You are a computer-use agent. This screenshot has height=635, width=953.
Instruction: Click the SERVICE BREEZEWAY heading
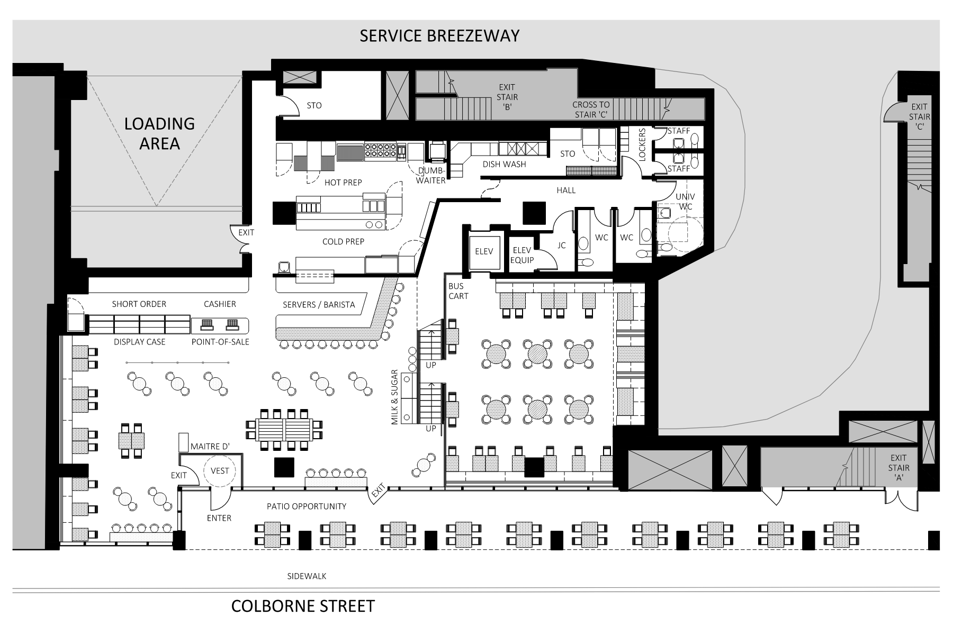tap(439, 35)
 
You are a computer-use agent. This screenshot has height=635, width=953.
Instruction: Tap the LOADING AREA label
tap(159, 133)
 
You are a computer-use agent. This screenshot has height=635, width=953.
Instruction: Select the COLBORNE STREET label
tap(303, 606)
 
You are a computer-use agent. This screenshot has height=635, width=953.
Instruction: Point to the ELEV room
tap(484, 252)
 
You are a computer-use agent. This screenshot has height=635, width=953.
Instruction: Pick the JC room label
tap(562, 246)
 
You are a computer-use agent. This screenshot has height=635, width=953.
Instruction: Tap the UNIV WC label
tap(685, 202)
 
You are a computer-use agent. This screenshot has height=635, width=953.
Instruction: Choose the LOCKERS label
tap(643, 144)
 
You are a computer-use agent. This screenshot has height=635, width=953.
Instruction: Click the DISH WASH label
tap(504, 164)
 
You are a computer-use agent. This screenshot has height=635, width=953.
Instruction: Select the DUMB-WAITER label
tap(431, 176)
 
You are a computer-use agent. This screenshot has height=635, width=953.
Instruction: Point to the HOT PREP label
tap(343, 183)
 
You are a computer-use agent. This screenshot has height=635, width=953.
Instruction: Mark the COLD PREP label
tap(343, 241)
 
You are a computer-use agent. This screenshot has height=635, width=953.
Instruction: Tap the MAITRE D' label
tap(210, 447)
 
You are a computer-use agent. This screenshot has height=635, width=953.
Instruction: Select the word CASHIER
tap(220, 304)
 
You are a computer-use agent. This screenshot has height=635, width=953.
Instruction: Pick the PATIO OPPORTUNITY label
tap(307, 506)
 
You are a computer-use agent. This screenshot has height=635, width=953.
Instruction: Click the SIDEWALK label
tap(307, 576)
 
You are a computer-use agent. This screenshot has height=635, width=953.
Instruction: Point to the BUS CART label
tap(458, 291)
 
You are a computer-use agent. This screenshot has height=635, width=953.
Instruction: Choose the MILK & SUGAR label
tap(394, 397)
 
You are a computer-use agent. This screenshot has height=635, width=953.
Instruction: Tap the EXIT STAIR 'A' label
tap(898, 468)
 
